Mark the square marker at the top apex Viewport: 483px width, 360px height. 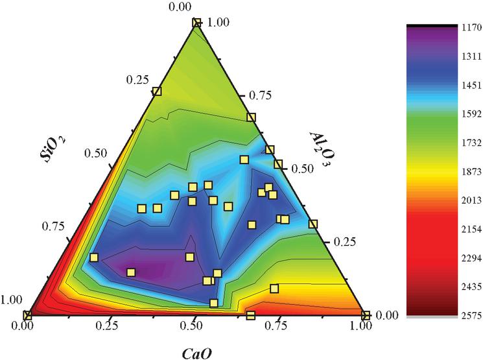(x=196, y=23)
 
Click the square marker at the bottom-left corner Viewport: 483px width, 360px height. (x=27, y=316)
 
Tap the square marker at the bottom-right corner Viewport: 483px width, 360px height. (x=365, y=316)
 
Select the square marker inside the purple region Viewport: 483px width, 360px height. (x=131, y=272)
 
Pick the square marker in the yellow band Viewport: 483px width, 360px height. (x=274, y=289)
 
